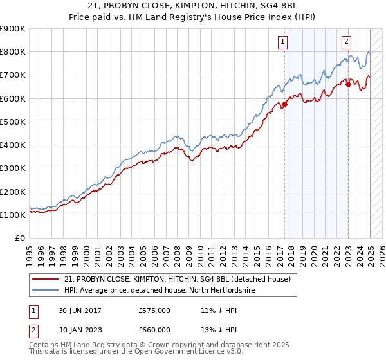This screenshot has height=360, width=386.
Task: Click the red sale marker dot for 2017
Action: coord(284,105)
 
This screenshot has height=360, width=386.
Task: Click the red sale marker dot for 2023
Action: coord(348,84)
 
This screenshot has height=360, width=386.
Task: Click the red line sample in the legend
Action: coord(46,280)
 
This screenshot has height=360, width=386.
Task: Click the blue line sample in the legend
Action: coord(46,291)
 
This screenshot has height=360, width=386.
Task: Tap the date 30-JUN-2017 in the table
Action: coord(80,311)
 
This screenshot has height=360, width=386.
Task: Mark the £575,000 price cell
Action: coord(154,311)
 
